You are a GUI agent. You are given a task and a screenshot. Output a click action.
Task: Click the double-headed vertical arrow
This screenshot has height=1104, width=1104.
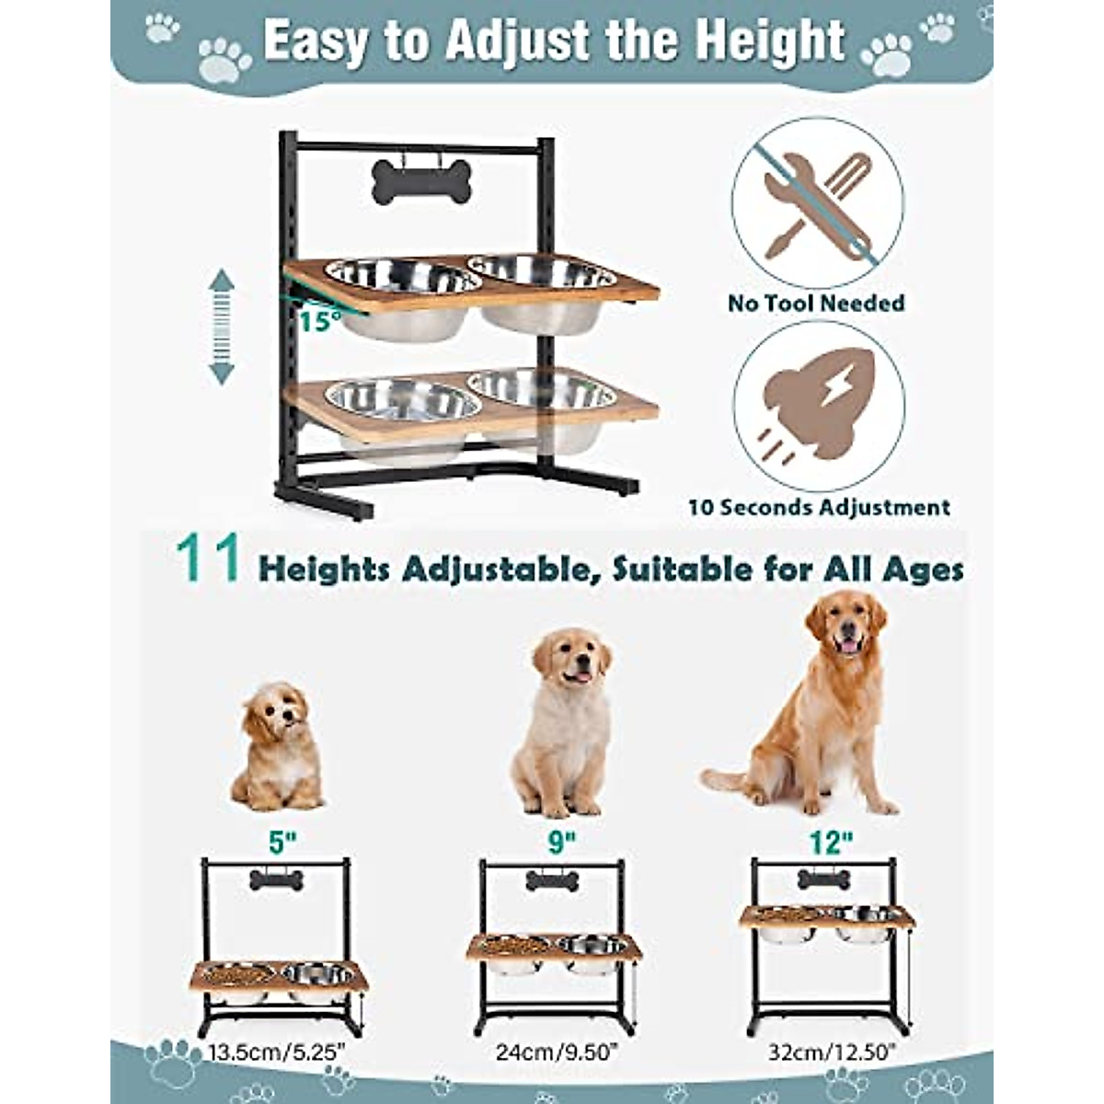222,327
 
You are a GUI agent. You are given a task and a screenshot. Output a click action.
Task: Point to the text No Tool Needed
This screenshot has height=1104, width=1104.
816,303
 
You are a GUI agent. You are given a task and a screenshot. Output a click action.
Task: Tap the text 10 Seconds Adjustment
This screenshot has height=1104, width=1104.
819,507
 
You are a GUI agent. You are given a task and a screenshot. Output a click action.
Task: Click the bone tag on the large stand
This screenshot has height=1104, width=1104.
421,182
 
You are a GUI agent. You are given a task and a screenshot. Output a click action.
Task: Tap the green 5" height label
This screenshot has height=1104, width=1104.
275,840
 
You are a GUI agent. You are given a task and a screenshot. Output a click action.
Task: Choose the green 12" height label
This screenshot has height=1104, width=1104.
833,840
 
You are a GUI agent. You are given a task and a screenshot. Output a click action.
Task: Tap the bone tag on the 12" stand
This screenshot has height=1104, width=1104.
823,879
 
